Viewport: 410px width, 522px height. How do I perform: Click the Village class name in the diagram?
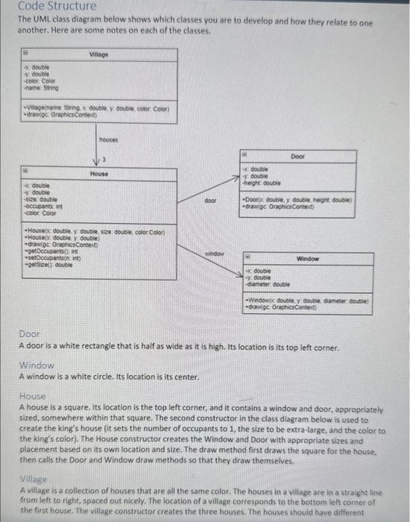coord(98,54)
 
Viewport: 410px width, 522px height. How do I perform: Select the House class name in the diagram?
coord(98,173)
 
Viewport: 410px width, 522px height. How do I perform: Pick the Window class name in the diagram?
coord(308,258)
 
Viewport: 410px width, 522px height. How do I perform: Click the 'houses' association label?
coord(110,139)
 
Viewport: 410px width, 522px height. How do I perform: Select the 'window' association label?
coord(215,254)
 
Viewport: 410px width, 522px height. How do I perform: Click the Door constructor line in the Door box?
coord(298,200)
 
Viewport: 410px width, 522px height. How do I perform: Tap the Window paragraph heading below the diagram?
coord(37,365)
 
